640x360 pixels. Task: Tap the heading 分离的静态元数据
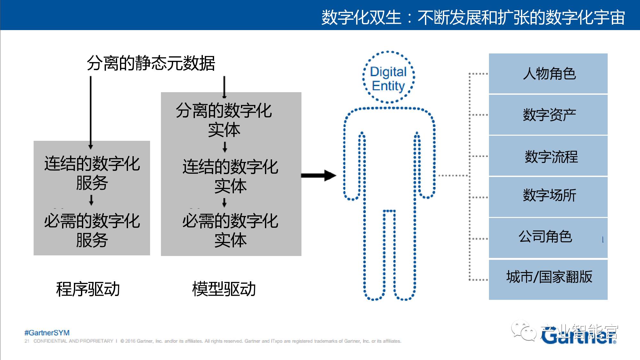coord(151,63)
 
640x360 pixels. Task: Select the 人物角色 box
coord(548,74)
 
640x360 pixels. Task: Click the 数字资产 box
coord(548,115)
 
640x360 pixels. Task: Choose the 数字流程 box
coord(548,156)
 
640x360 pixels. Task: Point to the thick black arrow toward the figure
coord(318,175)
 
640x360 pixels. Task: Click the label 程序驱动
coord(88,289)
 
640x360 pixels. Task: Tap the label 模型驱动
coord(224,289)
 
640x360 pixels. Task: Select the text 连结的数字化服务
coord(92,173)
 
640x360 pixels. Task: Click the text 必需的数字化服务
coord(92,230)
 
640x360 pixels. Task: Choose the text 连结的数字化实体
coord(230,176)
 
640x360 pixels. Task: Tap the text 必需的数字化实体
coord(230,230)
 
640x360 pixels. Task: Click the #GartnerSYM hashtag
coord(47,333)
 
